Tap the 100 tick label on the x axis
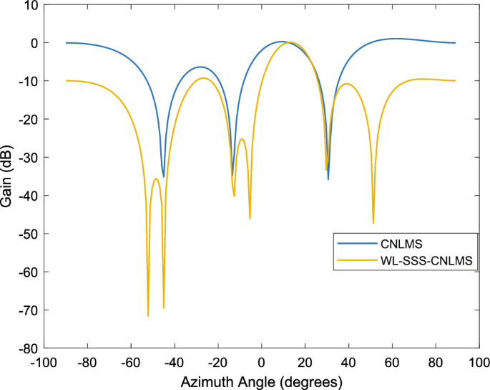[x=479, y=362]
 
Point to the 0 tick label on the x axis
[x=261, y=362]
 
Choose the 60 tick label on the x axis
[x=392, y=362]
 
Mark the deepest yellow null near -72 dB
[x=148, y=315]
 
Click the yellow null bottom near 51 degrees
[x=373, y=223]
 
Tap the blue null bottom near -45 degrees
[x=164, y=176]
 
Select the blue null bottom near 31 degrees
[x=328, y=179]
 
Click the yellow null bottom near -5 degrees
[x=250, y=218]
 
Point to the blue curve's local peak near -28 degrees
[x=200, y=67]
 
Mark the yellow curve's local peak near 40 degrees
[x=348, y=84]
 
